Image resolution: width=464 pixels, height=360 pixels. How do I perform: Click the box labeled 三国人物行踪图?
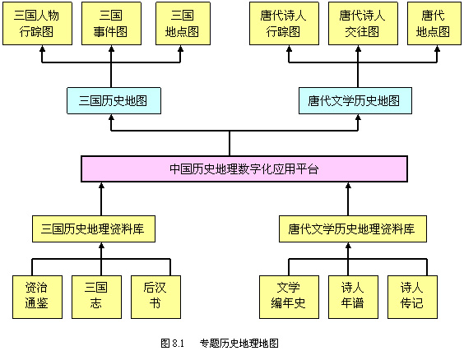37,24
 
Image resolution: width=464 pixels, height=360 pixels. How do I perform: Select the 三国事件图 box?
111,24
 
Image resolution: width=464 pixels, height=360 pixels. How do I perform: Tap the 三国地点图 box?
183,24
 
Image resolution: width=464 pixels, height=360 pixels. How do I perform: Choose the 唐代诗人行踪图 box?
284,24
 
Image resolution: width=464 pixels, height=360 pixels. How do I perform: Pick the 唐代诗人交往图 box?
363,24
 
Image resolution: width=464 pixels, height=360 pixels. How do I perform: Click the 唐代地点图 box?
434,24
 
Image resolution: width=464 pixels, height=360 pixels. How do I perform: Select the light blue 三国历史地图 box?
114,101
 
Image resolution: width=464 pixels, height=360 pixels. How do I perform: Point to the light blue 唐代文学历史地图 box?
355,101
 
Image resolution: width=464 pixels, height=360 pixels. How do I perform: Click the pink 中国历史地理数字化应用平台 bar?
244,168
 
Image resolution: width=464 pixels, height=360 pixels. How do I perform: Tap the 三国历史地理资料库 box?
94,229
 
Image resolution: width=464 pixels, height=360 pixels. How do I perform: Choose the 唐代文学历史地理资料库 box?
353,229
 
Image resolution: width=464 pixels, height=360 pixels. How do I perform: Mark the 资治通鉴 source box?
37,297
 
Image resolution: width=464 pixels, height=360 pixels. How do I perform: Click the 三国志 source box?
96,297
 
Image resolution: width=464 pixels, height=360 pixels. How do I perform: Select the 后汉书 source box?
156,297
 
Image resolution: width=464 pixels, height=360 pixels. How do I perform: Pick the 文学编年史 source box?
289,297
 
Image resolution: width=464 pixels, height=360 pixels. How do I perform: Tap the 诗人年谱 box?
353,297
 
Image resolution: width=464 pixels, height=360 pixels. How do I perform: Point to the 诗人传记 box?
412,297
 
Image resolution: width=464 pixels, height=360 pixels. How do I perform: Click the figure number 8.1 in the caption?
178,344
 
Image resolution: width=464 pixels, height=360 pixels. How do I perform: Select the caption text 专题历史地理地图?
239,344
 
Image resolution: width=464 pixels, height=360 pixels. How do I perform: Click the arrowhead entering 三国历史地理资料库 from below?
101,245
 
